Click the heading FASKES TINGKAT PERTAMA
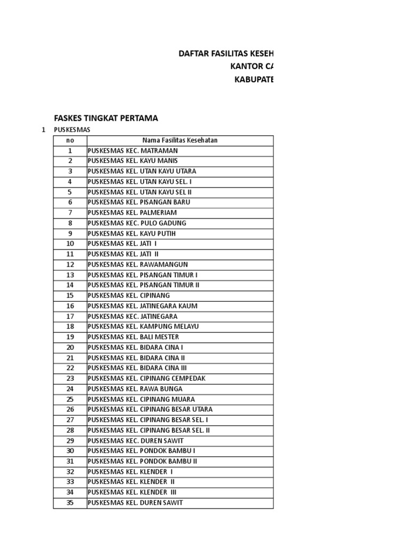point(106,118)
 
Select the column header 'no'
point(70,140)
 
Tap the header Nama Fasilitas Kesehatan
point(180,140)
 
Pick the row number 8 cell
point(70,223)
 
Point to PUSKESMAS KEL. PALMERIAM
point(132,213)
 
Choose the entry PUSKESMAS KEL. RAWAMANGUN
point(138,264)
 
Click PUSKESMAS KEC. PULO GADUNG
point(137,223)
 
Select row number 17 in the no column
point(70,316)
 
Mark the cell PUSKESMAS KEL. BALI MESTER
point(133,337)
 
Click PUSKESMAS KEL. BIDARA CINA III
point(137,368)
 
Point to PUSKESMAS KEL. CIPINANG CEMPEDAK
point(146,378)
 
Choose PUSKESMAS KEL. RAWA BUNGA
point(135,389)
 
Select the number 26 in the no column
point(70,409)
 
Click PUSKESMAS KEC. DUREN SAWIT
point(136,441)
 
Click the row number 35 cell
point(70,503)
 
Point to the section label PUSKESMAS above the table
point(72,130)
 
